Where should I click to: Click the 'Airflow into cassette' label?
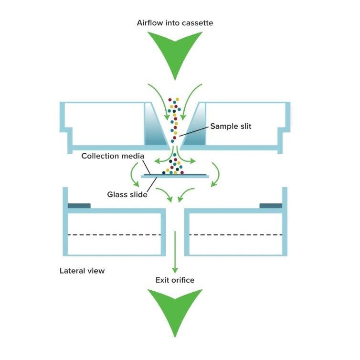coord(175,23)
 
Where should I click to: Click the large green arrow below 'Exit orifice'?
coord(175,310)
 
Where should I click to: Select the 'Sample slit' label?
coord(231,127)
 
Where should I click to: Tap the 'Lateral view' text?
coord(82,271)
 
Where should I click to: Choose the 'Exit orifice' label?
coord(175,280)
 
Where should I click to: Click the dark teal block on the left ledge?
coord(79,206)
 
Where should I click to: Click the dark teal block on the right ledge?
coord(271,206)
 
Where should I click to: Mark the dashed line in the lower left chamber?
coord(114,234)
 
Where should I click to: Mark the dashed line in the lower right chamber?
coord(236,234)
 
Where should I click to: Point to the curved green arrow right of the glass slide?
coord(216,174)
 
